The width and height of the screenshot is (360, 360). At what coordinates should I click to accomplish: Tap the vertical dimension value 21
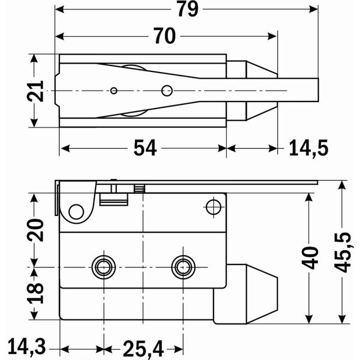coord(37,91)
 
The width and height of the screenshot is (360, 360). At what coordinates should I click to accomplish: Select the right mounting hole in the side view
coord(182,266)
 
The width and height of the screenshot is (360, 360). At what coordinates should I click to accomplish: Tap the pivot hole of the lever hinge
coord(76,211)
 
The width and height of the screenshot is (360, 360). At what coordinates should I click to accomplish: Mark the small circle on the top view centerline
coord(113,91)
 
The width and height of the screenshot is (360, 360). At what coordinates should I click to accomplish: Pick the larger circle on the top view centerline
coord(166,91)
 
